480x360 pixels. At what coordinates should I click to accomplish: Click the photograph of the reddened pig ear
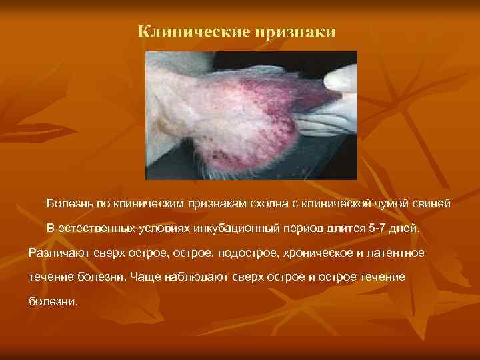coord(251,115)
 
